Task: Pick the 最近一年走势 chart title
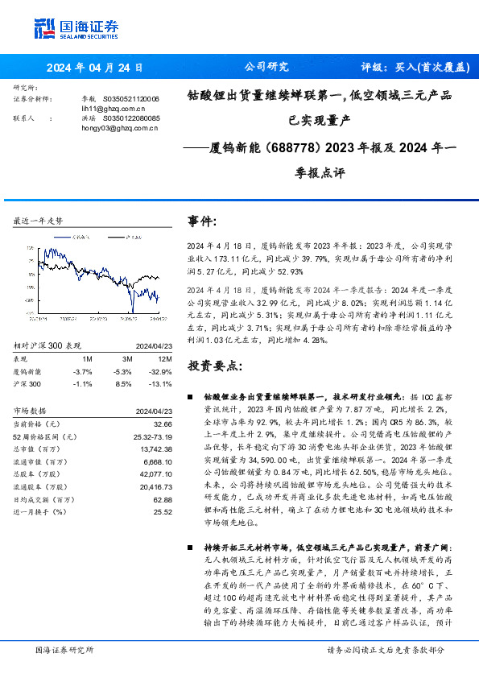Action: click(39, 221)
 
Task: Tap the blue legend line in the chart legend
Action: click(61, 238)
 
